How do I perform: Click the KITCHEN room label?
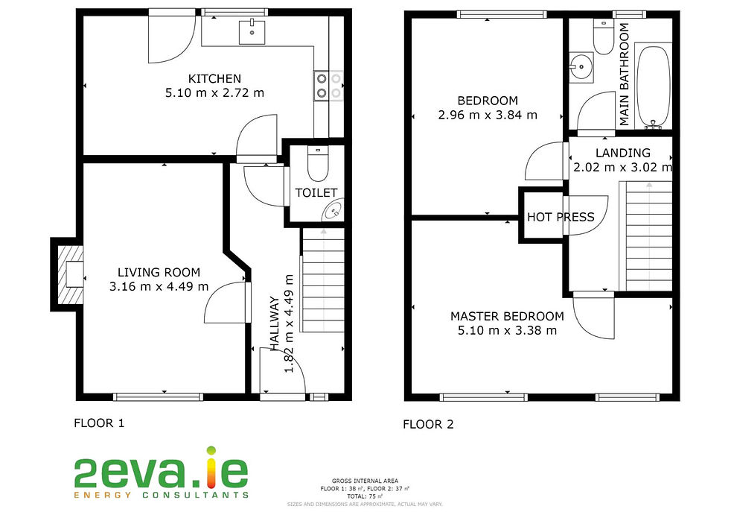point(214,78)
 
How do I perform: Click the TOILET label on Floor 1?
point(316,193)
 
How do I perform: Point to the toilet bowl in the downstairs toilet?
point(318,165)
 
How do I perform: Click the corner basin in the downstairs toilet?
point(333,212)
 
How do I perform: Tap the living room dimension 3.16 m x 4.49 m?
point(159,287)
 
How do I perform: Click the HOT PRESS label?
point(561,217)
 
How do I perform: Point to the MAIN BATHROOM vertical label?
point(625,75)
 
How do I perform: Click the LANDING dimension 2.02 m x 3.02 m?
point(622,168)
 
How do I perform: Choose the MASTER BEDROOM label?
point(507,316)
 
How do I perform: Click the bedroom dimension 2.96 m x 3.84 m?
point(488,115)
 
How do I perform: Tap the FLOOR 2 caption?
point(428,425)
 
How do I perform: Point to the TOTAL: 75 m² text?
point(364,496)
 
